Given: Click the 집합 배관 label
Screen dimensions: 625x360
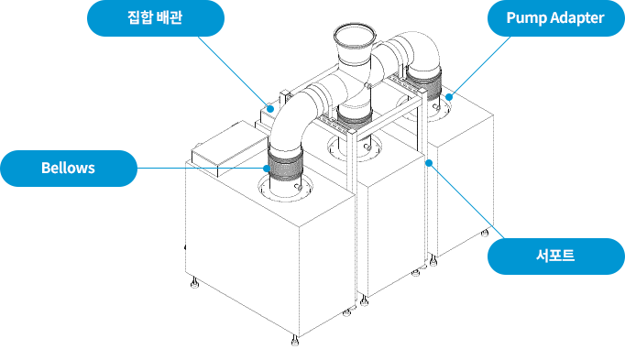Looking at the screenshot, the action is click(x=156, y=18).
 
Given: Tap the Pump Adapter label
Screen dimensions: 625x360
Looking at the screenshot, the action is click(x=555, y=18).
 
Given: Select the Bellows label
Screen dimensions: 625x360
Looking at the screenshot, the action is click(x=69, y=168).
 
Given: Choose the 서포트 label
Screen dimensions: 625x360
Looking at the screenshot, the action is click(x=555, y=256).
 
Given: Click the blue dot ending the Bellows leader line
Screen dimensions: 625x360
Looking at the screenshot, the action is click(x=267, y=168).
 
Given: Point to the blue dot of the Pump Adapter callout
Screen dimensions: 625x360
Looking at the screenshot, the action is click(x=449, y=97).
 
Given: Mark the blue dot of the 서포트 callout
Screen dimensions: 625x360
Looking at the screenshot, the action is click(x=429, y=163).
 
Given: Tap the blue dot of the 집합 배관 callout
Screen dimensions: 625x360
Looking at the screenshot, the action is click(x=270, y=108).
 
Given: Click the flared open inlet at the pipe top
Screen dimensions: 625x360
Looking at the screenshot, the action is click(x=355, y=38).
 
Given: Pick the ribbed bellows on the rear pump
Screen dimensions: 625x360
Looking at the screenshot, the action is click(x=424, y=82).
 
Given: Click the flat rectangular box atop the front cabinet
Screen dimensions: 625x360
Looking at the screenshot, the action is click(x=229, y=148).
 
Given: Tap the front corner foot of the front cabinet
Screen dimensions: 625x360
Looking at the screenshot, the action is click(x=295, y=341).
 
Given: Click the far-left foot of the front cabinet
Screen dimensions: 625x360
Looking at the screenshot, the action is click(x=194, y=283).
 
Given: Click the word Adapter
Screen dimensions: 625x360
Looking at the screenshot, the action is click(x=578, y=18).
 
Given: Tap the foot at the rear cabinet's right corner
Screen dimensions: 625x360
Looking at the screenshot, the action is click(x=485, y=232).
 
